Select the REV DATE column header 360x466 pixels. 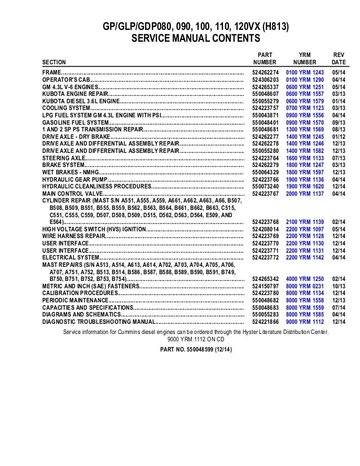point(339,58)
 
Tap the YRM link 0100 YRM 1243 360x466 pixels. point(305,73)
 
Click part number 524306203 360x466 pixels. point(266,80)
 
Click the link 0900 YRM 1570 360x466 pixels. point(305,122)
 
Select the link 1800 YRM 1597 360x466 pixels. point(305,172)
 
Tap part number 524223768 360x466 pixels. point(266,223)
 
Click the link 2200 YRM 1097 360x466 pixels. point(305,230)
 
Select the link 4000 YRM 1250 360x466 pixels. point(305,279)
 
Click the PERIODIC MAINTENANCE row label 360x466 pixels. point(74,301)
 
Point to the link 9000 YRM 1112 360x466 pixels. point(305,322)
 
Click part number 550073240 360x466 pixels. point(266,186)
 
